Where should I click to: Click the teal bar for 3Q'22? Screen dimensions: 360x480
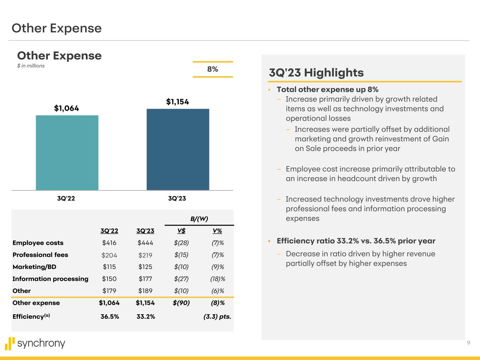pos(67,153)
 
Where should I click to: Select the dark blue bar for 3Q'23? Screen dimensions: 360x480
pos(178,149)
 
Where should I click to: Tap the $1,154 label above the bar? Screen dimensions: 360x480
pos(178,102)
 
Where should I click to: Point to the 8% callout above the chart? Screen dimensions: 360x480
pos(213,69)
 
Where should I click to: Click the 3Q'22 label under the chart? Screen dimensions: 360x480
pos(66,198)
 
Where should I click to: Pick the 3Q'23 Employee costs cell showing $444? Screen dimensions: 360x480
pos(145,243)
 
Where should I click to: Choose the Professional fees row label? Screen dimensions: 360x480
pos(40,255)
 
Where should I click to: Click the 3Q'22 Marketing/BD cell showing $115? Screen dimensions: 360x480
pos(109,267)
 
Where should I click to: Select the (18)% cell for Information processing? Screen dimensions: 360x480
pos(218,279)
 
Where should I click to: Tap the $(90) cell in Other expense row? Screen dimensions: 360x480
pos(181,303)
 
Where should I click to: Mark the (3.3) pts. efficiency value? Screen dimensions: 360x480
pos(217,316)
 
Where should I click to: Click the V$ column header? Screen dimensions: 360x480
pos(181,231)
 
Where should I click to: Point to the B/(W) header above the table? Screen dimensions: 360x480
pos(199,219)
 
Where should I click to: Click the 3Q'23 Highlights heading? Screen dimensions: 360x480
pos(316,73)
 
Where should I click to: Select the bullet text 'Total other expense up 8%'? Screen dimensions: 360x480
pos(327,90)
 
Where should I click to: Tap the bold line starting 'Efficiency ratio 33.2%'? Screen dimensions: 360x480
pos(356,241)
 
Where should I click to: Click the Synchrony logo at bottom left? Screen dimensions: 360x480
pos(35,343)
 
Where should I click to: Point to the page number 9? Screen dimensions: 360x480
pos(468,343)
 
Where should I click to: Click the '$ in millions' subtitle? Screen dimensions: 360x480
pos(31,66)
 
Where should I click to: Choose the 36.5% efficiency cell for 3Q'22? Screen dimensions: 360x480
pos(110,316)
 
